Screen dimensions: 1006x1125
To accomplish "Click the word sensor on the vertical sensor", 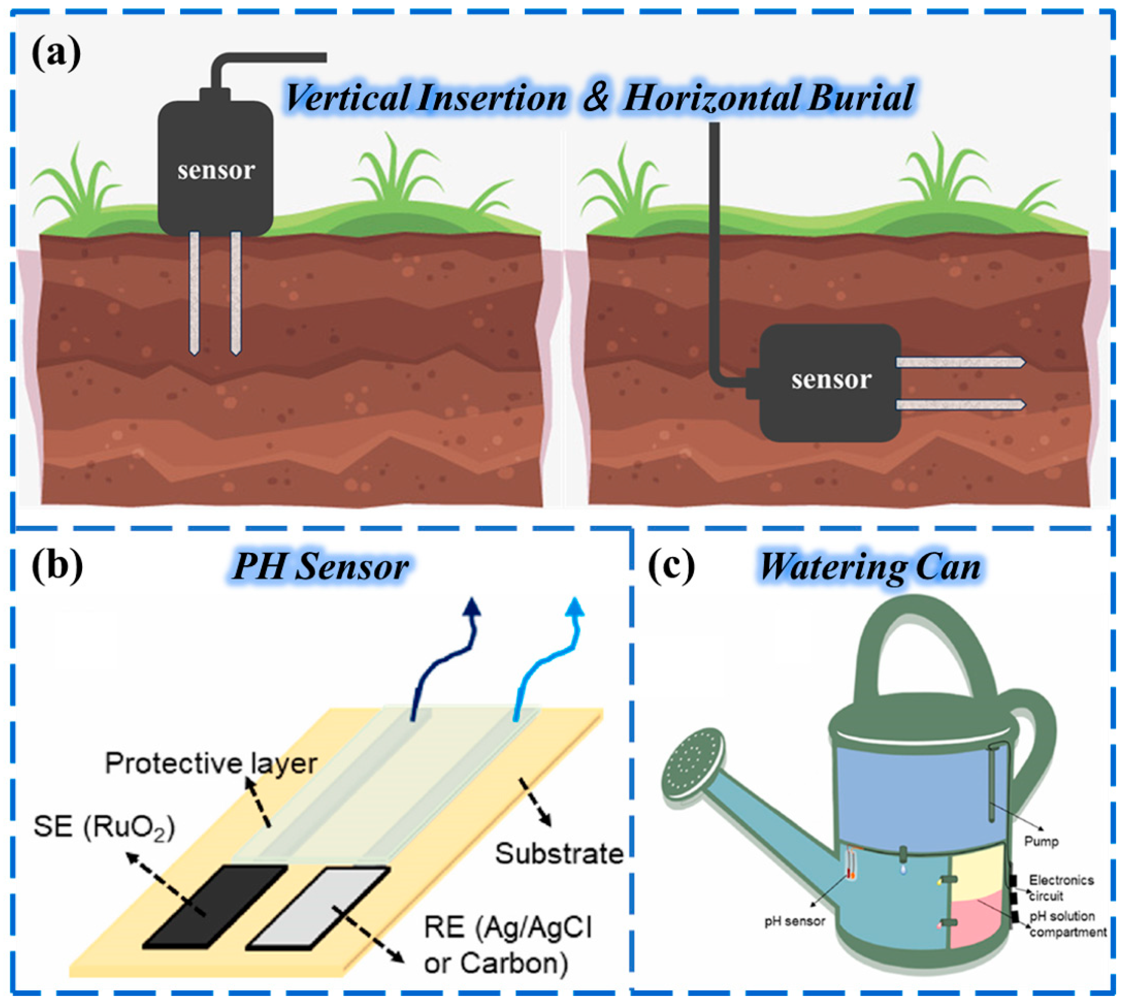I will point(215,170).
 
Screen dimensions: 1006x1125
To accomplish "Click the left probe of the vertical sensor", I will point(194,293).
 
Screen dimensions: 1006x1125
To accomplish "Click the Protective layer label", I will point(211,764).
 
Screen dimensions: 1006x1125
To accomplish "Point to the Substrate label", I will point(559,854).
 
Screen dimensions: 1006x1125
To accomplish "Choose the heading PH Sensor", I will point(321,567).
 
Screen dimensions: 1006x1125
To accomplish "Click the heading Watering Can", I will point(870,567).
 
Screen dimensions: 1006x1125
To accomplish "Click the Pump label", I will point(1041,842).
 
